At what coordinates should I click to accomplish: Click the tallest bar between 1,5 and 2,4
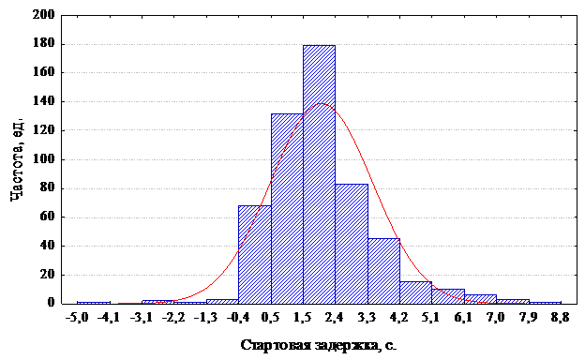point(319,174)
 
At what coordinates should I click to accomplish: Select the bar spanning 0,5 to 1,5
point(287,208)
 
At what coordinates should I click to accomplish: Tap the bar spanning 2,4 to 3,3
point(352,244)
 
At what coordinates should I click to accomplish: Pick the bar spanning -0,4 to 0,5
point(255,254)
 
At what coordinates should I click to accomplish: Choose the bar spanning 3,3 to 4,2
point(384,271)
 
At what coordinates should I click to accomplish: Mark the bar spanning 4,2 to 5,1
point(416,292)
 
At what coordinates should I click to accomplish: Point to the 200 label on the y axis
point(44,15)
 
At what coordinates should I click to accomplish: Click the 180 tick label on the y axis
point(44,44)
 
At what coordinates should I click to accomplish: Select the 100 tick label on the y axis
point(44,159)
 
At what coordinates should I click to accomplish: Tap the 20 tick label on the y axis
point(47,274)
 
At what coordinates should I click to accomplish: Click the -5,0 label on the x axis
point(77,318)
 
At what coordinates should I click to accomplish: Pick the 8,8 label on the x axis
point(561,318)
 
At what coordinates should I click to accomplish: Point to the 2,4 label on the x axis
point(335,318)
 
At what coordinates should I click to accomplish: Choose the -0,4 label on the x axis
point(238,318)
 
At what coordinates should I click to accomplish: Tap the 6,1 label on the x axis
point(464,318)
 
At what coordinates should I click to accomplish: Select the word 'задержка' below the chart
point(346,346)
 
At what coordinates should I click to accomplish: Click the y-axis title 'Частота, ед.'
point(17,159)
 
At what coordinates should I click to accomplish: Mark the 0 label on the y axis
point(52,303)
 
